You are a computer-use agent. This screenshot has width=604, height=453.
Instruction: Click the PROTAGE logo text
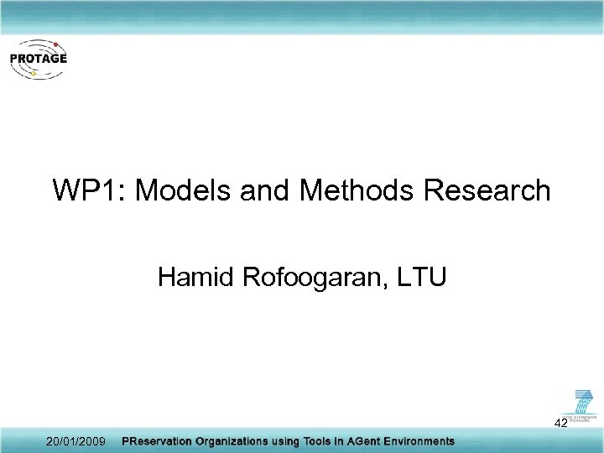click(x=38, y=59)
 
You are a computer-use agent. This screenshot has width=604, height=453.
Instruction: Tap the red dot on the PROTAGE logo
click(x=55, y=43)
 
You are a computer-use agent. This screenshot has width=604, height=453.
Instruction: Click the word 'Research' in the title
click(x=487, y=191)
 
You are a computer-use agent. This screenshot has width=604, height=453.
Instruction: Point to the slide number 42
click(x=561, y=424)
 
